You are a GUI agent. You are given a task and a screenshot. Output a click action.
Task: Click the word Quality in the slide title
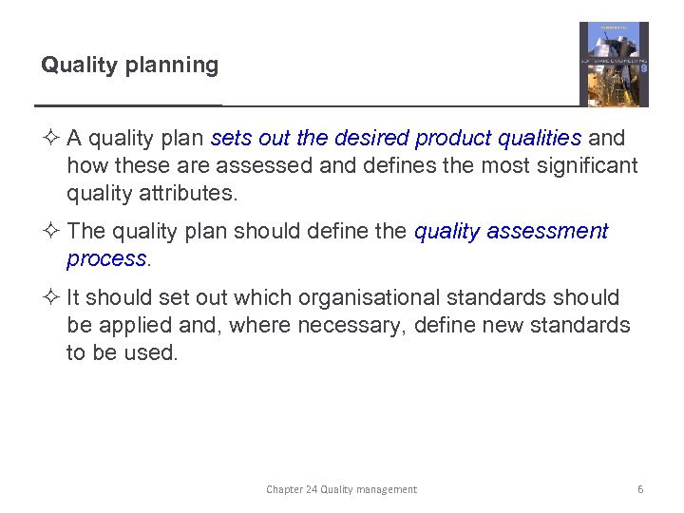click(74, 66)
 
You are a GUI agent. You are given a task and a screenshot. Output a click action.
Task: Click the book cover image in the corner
click(614, 64)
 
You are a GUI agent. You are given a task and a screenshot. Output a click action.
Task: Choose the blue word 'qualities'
click(536, 139)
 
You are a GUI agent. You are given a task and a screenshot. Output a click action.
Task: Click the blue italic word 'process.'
click(108, 259)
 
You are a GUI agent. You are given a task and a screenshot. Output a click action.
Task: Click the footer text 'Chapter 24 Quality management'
click(341, 489)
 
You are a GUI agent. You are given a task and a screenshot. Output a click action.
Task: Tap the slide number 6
click(640, 489)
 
